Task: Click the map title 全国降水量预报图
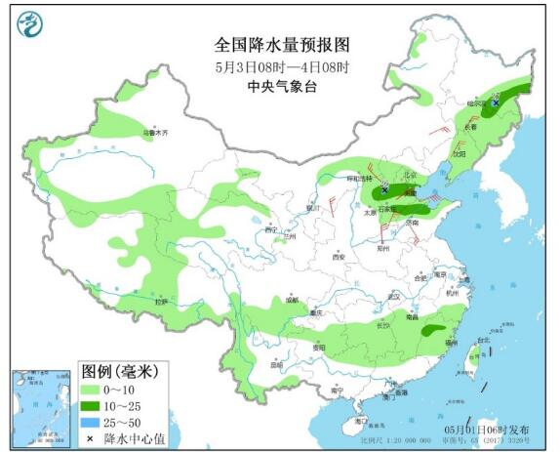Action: point(281,45)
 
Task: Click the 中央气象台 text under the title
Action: point(281,87)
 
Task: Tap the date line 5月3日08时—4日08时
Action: point(281,66)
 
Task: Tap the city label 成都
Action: point(292,300)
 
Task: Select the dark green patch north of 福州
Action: point(430,331)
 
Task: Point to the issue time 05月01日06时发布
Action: point(487,430)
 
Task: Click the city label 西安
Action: point(339,257)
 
